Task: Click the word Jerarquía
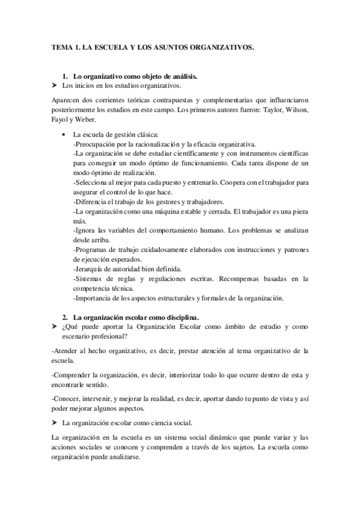click(89, 269)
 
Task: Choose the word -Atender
click(65, 350)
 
